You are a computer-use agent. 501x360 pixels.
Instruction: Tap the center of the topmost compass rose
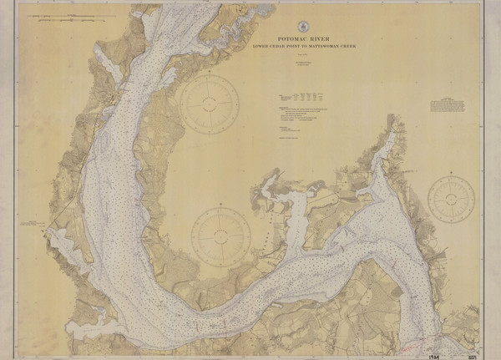[x=210, y=104]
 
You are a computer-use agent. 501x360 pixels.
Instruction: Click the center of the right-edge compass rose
[x=451, y=199]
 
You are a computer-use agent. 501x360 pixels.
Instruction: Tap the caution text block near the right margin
[x=452, y=106]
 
